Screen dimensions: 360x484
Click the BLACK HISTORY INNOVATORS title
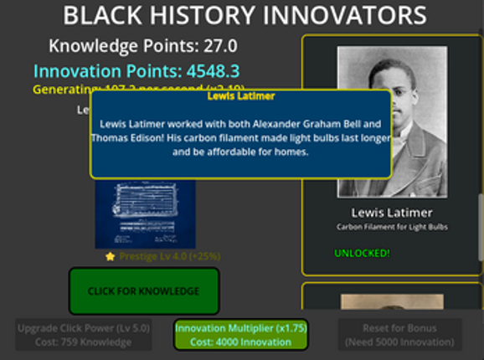tap(245, 15)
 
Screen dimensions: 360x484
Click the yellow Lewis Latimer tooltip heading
tap(240, 96)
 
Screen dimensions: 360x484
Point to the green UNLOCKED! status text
tap(362, 253)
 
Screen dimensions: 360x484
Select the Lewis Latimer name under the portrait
tap(391, 213)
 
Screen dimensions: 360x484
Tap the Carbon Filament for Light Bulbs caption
tap(391, 227)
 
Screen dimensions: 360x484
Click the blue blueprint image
tap(145, 213)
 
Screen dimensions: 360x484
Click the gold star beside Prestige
tap(110, 256)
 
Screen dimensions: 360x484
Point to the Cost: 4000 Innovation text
tap(240, 342)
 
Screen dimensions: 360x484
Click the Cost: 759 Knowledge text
tap(84, 342)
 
